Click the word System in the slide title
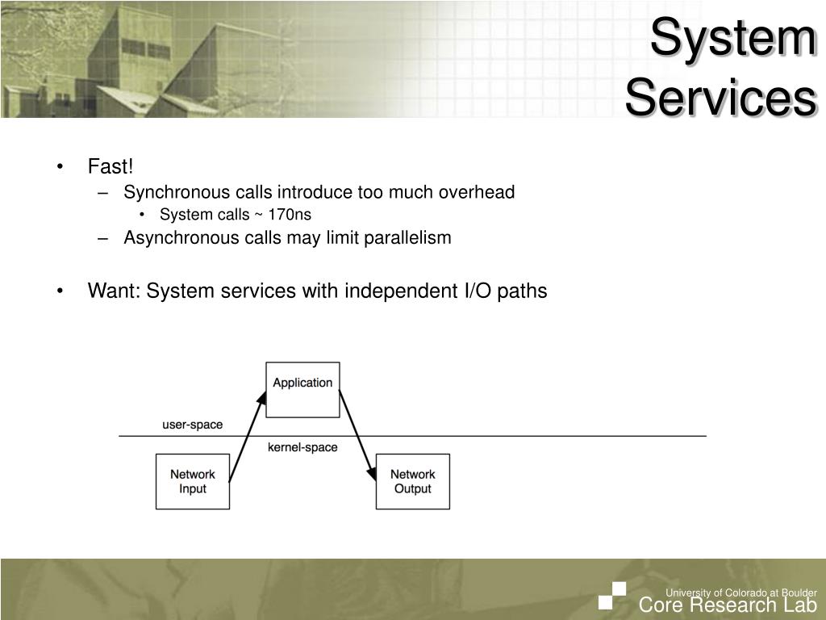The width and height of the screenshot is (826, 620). coord(732,38)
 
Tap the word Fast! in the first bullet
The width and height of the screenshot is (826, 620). coord(110,166)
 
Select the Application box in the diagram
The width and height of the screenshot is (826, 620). coord(302,390)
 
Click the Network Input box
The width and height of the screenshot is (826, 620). coord(192,481)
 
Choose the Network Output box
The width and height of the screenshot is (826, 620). coord(412,481)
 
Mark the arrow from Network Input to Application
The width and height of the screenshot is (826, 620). coord(248,437)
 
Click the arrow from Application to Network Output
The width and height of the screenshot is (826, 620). coord(358,437)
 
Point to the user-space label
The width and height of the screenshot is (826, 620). coord(192,425)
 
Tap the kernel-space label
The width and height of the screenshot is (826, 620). coord(302,447)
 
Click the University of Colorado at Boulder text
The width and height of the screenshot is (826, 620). coord(740,593)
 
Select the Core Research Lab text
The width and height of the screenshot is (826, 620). coord(728,606)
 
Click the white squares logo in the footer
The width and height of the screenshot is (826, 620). coord(613,596)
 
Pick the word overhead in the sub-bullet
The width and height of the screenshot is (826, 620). coord(476,192)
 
